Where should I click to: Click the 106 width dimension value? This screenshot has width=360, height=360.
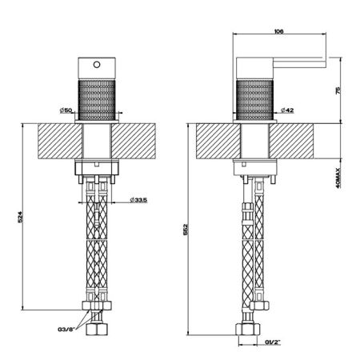pyautogui.click(x=278, y=31)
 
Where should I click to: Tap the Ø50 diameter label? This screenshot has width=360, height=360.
pyautogui.click(x=66, y=110)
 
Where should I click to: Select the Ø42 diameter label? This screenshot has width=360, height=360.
pyautogui.click(x=287, y=110)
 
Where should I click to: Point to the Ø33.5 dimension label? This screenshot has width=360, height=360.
pyautogui.click(x=138, y=200)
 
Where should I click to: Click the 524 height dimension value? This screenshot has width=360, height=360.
pyautogui.click(x=20, y=217)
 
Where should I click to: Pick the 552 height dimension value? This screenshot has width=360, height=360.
pyautogui.click(x=186, y=230)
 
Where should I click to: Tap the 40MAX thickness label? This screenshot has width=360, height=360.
pyautogui.click(x=338, y=178)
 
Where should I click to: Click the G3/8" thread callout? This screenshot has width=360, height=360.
pyautogui.click(x=66, y=330)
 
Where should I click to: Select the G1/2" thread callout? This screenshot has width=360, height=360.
pyautogui.click(x=273, y=342)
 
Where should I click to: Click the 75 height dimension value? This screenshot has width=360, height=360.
pyautogui.click(x=338, y=90)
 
